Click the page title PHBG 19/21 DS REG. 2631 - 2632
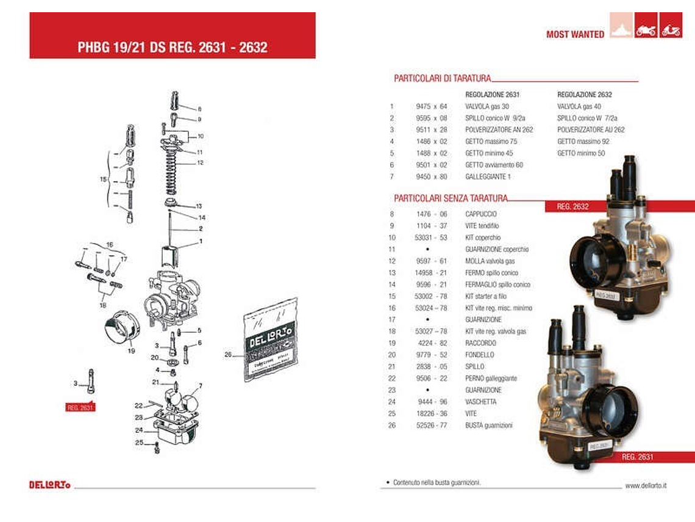[x=173, y=47]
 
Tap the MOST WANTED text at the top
[x=575, y=34]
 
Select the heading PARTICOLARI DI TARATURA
[x=442, y=78]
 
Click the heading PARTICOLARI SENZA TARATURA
[x=450, y=198]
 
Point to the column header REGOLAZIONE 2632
[x=584, y=95]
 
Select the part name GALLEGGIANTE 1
[x=488, y=176]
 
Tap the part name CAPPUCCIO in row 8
[x=480, y=214]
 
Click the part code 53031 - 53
[x=432, y=237]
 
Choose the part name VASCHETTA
[x=480, y=402]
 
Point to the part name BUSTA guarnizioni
[x=488, y=425]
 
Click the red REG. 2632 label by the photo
[x=572, y=206]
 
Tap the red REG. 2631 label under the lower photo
[x=637, y=457]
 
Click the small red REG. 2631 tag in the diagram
[x=80, y=407]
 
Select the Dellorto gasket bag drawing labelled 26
[x=271, y=340]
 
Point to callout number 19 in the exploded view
[x=131, y=350]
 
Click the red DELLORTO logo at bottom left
[x=49, y=485]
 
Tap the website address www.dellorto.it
[x=645, y=485]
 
